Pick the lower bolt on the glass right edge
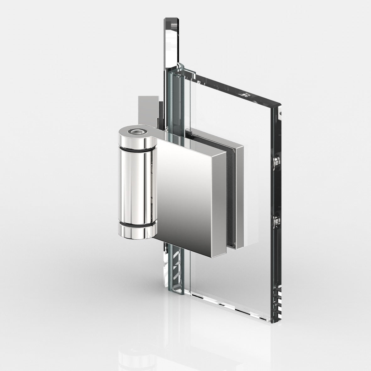click(276, 220)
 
